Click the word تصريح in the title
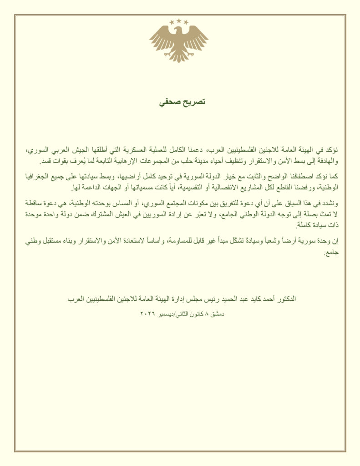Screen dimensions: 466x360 [x=193, y=102]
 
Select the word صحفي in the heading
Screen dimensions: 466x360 [x=168, y=102]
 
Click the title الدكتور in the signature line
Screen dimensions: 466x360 [x=285, y=299]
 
